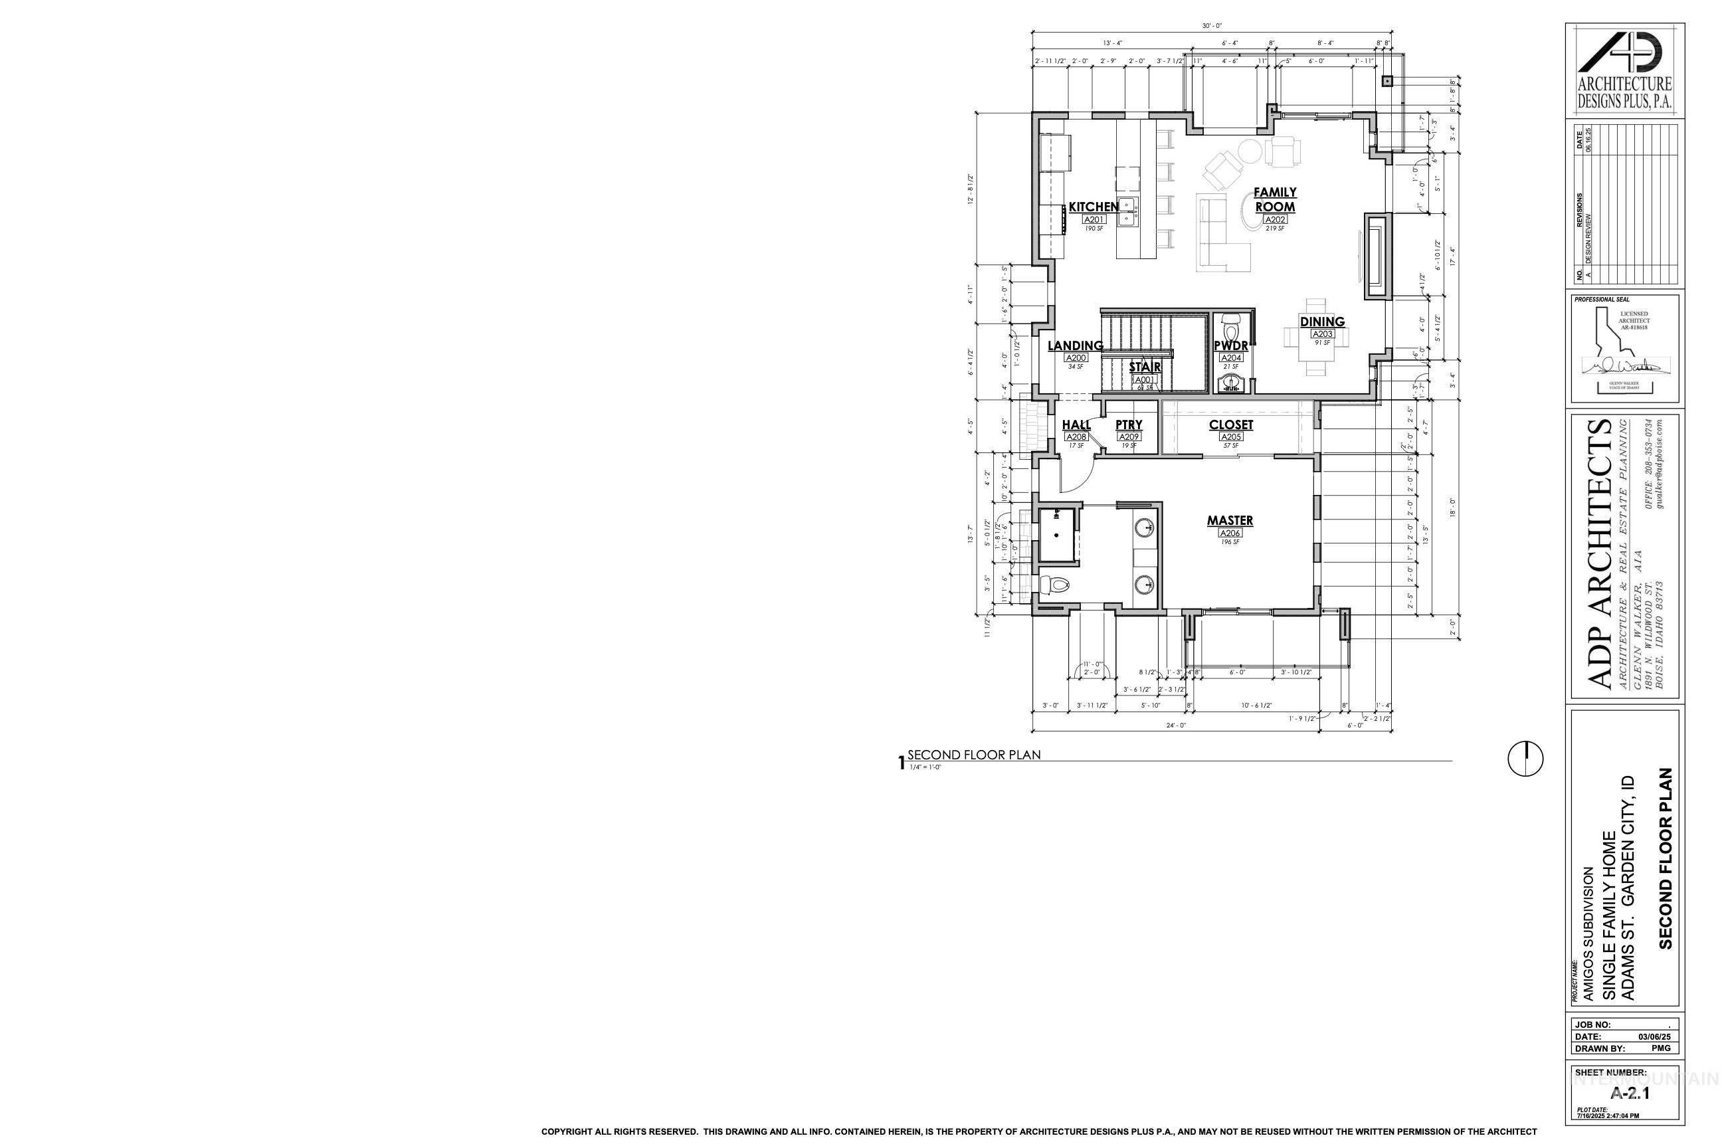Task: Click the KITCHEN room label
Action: tap(1093, 207)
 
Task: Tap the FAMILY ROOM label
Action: tap(1275, 199)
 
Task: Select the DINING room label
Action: tap(1322, 322)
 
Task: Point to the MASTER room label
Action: tap(1230, 521)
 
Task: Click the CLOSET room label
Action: tap(1231, 425)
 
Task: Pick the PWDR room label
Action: tap(1231, 346)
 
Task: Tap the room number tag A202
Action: tap(1276, 220)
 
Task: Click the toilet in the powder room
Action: tap(1231, 326)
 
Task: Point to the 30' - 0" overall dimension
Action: tap(1212, 27)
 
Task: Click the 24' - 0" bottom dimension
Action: tap(1176, 725)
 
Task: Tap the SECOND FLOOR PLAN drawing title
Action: tap(974, 755)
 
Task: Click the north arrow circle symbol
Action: tap(1525, 758)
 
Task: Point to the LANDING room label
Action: tap(1075, 345)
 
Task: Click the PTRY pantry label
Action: tap(1128, 425)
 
